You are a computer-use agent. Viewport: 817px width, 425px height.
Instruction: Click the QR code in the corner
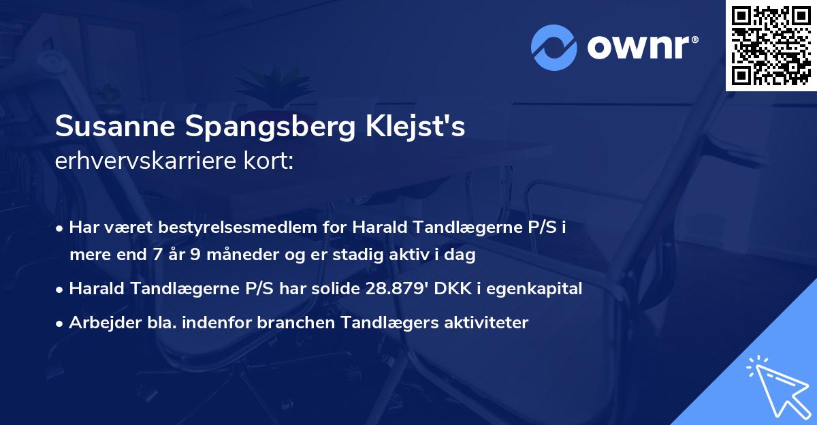(771, 46)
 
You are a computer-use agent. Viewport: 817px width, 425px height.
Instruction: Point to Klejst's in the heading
(417, 127)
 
